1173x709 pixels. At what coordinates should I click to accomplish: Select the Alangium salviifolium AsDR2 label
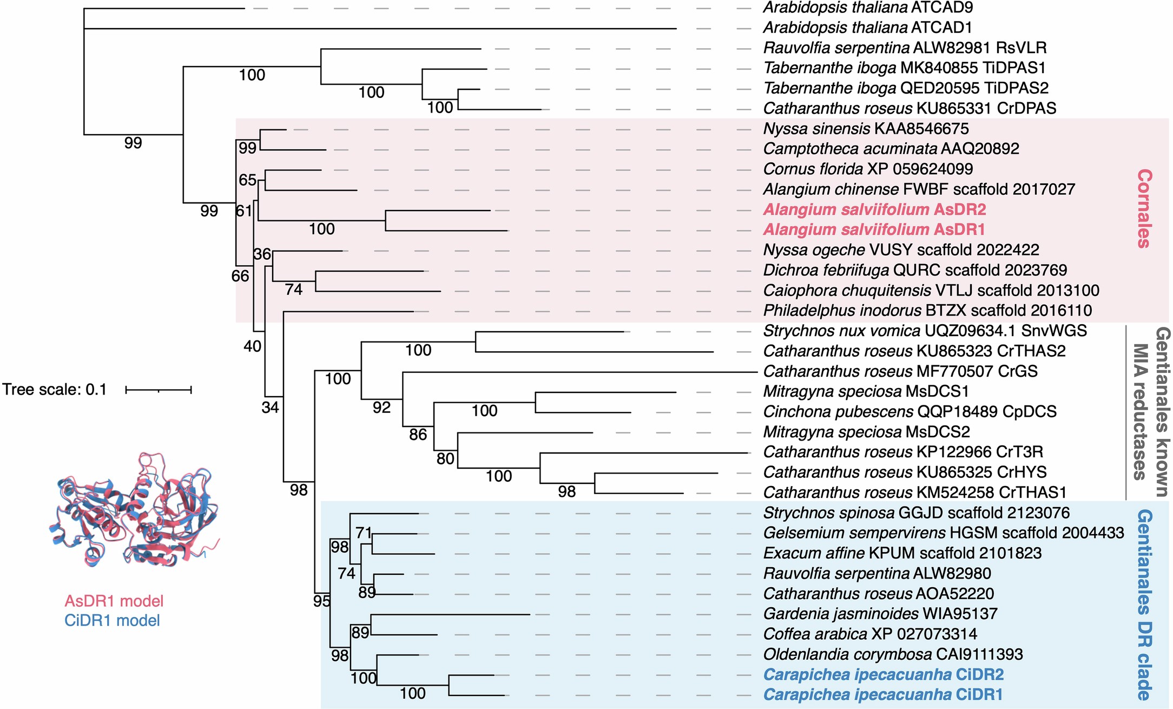click(x=874, y=209)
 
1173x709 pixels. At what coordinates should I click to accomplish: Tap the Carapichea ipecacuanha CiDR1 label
click(x=883, y=694)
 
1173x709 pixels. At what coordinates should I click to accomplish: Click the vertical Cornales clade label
click(x=1144, y=208)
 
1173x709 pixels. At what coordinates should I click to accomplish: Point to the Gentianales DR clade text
click(x=1144, y=605)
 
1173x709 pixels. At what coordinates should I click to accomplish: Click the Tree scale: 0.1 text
click(x=54, y=390)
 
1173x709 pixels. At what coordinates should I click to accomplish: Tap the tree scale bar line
click(x=159, y=390)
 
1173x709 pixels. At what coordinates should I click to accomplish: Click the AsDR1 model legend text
click(x=114, y=601)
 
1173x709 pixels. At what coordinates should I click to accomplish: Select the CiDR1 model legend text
click(x=112, y=620)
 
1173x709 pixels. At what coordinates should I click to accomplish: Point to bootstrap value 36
click(x=262, y=254)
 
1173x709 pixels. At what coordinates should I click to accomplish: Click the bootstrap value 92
click(x=381, y=408)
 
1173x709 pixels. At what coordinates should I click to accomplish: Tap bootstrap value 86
click(x=418, y=435)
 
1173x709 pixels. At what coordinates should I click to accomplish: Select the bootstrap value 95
click(x=322, y=601)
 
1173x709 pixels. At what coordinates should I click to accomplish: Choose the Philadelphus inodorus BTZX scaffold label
click(x=927, y=311)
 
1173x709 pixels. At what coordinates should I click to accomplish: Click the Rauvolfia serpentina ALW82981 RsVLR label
click(x=905, y=48)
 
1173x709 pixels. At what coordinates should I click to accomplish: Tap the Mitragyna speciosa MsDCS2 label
click(x=866, y=432)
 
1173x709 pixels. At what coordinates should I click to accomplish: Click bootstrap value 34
click(x=270, y=408)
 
